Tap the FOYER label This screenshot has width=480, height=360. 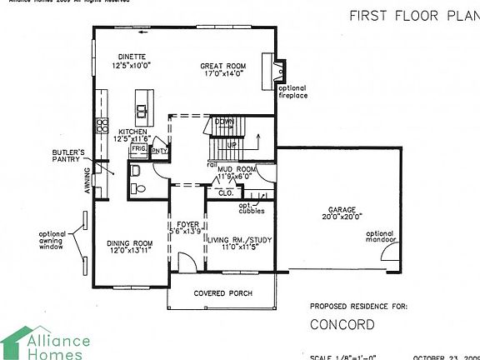187,225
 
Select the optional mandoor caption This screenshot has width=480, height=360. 379,237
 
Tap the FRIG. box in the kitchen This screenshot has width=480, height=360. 139,149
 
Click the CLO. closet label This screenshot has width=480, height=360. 226,192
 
